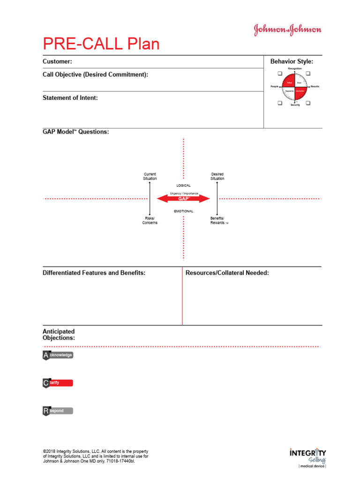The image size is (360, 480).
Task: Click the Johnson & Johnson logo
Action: click(x=288, y=30)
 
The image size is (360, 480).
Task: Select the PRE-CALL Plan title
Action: click(x=101, y=44)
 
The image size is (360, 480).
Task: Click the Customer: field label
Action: click(x=57, y=61)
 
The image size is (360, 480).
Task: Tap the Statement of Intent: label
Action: click(x=70, y=98)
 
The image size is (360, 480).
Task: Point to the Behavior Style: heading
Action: click(x=292, y=61)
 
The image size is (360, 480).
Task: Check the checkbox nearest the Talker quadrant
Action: click(x=279, y=74)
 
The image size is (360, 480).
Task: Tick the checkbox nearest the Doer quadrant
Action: click(x=308, y=74)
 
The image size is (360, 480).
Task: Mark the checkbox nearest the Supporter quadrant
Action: click(x=279, y=103)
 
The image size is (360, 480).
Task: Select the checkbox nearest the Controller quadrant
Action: click(x=308, y=103)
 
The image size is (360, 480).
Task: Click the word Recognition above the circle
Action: click(x=295, y=69)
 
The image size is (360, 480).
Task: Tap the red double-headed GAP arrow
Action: click(x=183, y=199)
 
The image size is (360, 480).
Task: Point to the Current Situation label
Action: click(x=150, y=176)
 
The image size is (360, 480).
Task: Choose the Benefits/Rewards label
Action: click(x=217, y=220)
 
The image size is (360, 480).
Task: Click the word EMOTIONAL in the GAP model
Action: click(x=183, y=211)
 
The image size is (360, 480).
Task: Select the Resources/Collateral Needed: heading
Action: click(x=227, y=273)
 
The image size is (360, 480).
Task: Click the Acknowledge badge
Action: click(x=58, y=355)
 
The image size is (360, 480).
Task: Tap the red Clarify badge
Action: click(x=58, y=383)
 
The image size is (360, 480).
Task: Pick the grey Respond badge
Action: click(x=58, y=411)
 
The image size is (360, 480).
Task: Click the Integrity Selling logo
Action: click(x=307, y=457)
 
